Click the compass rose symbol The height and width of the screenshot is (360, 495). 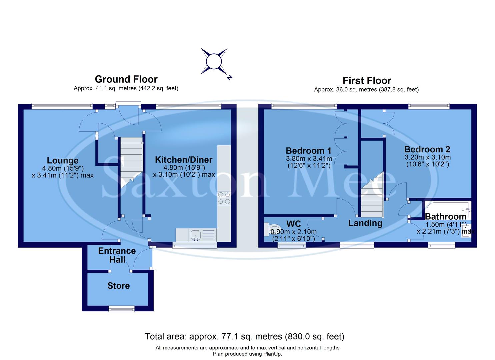pos(214,62)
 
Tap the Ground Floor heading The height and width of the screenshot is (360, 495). pos(126,79)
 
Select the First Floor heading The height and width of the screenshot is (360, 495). pos(367,81)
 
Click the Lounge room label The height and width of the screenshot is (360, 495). pos(63,161)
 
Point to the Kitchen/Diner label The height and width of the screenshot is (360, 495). pos(184,160)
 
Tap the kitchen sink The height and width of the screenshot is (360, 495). pos(195,235)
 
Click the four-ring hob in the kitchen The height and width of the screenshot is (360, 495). pos(224,198)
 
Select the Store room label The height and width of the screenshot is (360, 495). pos(118,286)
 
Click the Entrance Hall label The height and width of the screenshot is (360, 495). pos(117,255)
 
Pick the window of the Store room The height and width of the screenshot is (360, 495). pos(122,309)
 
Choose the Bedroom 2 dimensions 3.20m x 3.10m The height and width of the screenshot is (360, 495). pos(427,157)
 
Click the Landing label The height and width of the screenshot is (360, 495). pos(365,223)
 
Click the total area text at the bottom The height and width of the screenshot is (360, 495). pos(244,336)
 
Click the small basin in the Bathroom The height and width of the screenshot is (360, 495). pos(466,231)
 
